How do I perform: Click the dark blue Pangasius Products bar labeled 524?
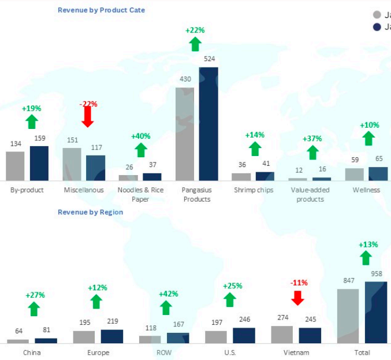[x=208, y=124]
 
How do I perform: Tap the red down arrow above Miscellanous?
[x=88, y=117]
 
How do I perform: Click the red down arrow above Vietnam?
[x=298, y=298]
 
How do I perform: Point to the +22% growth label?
[x=195, y=30]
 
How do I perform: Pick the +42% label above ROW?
[x=168, y=294]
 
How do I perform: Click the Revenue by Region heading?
[x=90, y=212]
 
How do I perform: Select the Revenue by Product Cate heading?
[x=101, y=10]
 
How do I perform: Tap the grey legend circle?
[x=377, y=15]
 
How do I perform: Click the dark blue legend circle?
[x=377, y=27]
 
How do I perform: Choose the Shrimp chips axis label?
[x=254, y=190]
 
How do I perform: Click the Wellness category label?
[x=366, y=190]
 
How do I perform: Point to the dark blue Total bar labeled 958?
[x=375, y=313]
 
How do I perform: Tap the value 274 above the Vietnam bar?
[x=282, y=318]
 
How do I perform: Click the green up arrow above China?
[x=35, y=309]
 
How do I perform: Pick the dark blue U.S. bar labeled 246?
[x=244, y=336]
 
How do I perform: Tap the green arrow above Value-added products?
[x=312, y=153]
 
